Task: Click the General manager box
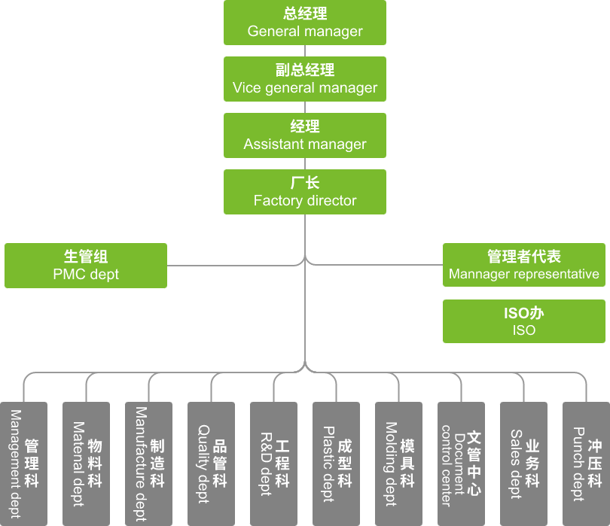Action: [305, 23]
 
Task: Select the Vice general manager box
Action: [305, 79]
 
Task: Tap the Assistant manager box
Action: [305, 135]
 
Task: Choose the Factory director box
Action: [305, 192]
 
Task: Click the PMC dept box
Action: [86, 265]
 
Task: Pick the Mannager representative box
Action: [524, 265]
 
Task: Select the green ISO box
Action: [524, 321]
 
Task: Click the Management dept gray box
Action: [23, 464]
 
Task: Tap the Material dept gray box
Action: [86, 464]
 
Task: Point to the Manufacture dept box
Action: [148, 464]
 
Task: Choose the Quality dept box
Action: [211, 464]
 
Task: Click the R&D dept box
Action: [273, 464]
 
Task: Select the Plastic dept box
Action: [336, 464]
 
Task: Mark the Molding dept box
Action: [398, 464]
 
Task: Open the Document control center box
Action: [461, 464]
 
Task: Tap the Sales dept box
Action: [523, 464]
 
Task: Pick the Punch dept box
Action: [586, 464]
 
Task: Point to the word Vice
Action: [246, 88]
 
